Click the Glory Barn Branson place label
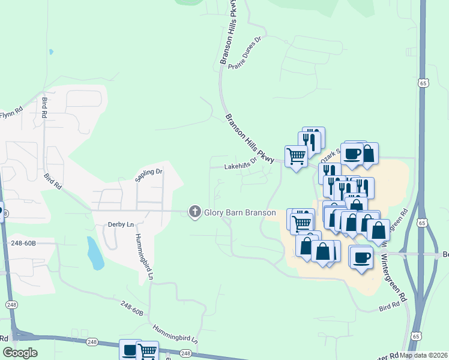240,213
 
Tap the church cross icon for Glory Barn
194,212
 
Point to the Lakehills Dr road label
241,164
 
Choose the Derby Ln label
120,224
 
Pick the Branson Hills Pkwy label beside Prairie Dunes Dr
229,33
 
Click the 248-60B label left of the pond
23,243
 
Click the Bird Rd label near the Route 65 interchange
389,308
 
